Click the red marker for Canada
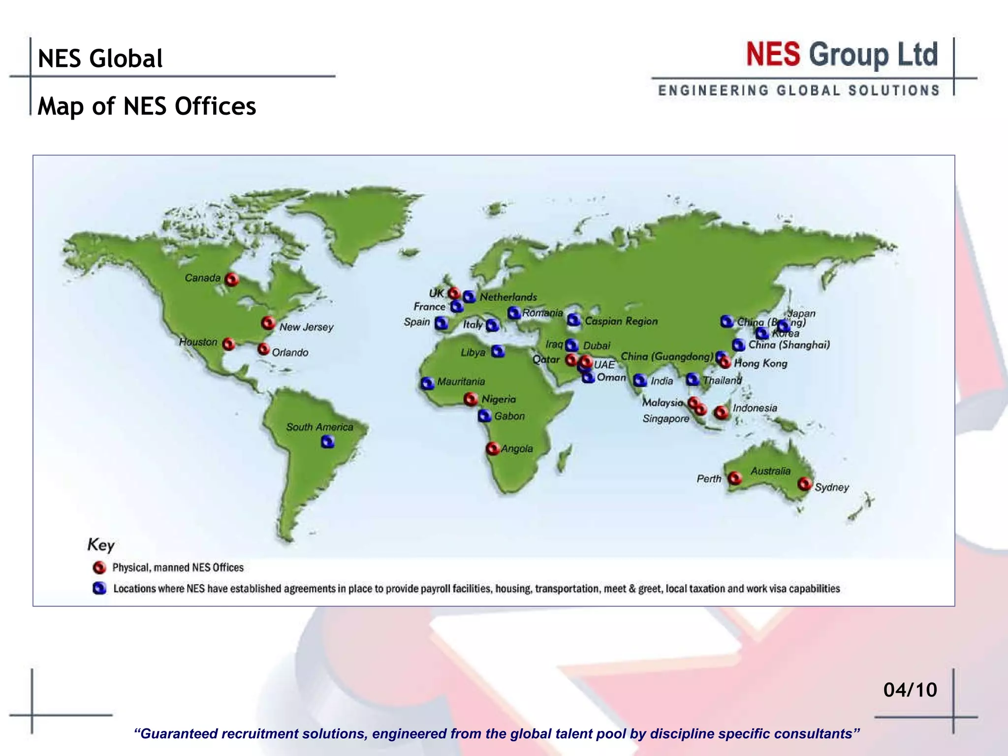click(231, 280)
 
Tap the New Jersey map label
click(306, 327)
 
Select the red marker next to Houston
click(228, 344)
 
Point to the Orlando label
click(290, 352)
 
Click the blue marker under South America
click(328, 442)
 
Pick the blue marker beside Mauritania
click(427, 382)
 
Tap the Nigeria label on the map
click(499, 399)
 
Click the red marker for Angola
click(492, 448)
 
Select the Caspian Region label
click(621, 321)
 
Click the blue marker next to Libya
click(498, 351)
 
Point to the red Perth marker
click(734, 478)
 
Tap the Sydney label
click(832, 487)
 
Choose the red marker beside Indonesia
click(722, 412)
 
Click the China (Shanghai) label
click(789, 345)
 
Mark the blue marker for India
click(640, 380)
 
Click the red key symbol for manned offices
click(99, 567)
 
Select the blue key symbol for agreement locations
click(99, 588)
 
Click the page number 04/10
click(910, 690)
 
